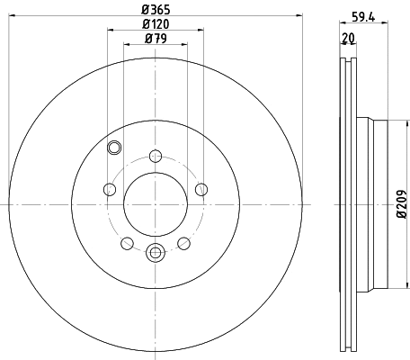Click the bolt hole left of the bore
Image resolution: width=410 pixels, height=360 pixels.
coord(110,189)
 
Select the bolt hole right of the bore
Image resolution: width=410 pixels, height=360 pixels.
coord(200,189)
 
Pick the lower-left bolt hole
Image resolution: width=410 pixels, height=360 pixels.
coord(127,243)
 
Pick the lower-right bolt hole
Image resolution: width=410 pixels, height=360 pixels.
coord(183,243)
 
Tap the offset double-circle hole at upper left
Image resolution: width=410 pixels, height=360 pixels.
coord(114,149)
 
